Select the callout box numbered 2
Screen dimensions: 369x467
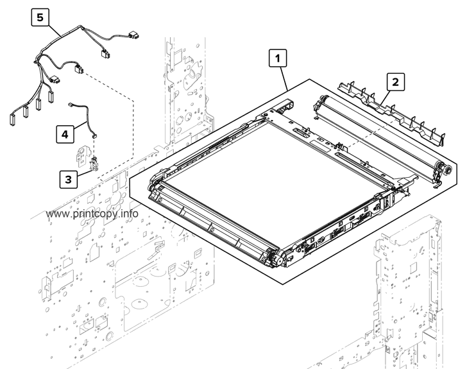(x=395, y=82)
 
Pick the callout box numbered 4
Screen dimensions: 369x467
(x=64, y=133)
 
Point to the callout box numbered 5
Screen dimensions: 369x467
(x=40, y=18)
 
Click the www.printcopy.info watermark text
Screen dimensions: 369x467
(x=93, y=214)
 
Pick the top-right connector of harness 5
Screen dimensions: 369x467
(x=135, y=36)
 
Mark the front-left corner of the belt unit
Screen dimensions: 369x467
(x=154, y=193)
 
